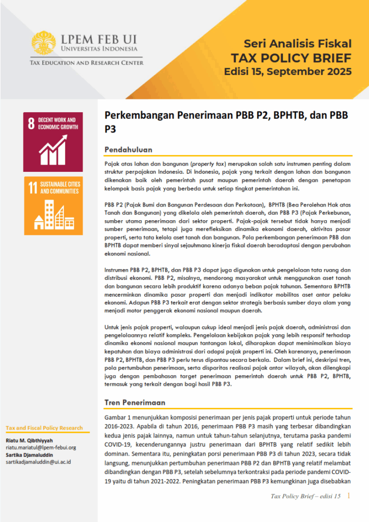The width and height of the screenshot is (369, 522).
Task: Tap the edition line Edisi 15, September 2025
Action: pyautogui.click(x=287, y=71)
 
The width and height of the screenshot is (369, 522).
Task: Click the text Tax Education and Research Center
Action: pyautogui.click(x=86, y=63)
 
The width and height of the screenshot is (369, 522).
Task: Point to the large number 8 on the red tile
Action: pyautogui.click(x=32, y=123)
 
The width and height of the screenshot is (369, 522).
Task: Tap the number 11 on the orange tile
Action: pyautogui.click(x=33, y=188)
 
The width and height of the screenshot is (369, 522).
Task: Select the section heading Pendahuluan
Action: pyautogui.click(x=128, y=149)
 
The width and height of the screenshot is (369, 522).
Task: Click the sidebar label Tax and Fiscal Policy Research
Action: pyautogui.click(x=44, y=428)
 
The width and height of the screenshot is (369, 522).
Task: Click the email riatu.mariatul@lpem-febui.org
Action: pyautogui.click(x=41, y=448)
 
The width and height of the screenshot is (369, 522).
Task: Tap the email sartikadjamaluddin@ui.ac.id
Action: pyautogui.click(x=38, y=462)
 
